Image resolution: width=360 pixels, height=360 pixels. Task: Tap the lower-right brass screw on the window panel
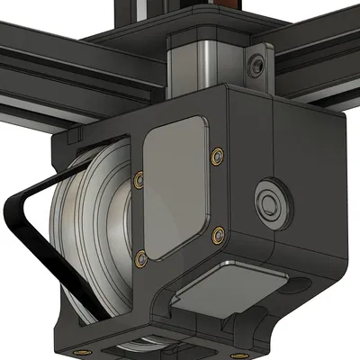pos(216,235)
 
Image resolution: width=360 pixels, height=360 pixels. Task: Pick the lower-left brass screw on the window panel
pos(139,260)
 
